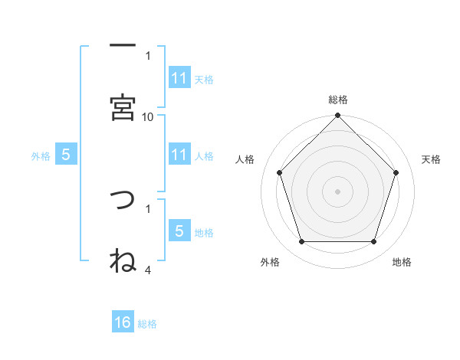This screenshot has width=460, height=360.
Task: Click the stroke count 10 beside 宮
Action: (148, 116)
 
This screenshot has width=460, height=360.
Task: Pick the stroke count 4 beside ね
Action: (148, 269)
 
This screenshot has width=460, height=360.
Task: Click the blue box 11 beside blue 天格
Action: (179, 78)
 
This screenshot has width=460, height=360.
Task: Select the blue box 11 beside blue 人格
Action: (179, 155)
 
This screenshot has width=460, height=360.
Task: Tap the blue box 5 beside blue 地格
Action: (179, 231)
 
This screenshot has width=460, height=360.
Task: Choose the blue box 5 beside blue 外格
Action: (66, 155)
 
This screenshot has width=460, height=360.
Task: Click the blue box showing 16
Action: (123, 322)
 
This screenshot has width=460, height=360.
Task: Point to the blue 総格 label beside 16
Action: (147, 324)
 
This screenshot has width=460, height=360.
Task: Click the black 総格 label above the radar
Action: (337, 100)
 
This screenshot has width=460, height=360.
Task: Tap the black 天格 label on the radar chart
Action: (431, 159)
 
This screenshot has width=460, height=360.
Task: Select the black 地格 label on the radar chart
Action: (402, 262)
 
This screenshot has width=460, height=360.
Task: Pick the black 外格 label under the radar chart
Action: (270, 262)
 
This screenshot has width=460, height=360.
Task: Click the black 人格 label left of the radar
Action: (245, 159)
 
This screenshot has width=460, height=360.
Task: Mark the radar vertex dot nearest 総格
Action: (337, 116)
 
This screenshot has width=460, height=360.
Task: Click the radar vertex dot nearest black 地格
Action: (373, 242)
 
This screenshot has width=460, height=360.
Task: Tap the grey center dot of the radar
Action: (337, 191)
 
